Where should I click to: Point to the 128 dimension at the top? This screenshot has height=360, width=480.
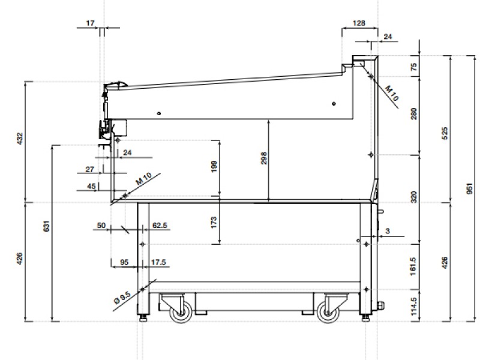[359, 23]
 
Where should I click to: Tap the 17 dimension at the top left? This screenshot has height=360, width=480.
[91, 23]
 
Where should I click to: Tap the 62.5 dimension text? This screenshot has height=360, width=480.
[160, 226]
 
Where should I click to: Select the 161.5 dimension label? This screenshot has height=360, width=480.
[413, 266]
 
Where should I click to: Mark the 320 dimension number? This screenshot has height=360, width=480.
[413, 196]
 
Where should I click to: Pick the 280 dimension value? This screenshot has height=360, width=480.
[413, 114]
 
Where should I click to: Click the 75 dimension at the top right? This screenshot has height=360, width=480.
[413, 67]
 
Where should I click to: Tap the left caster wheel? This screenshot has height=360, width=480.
[181, 311]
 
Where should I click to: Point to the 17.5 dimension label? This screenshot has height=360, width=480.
[159, 262]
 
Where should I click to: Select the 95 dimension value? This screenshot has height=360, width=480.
[125, 262]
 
